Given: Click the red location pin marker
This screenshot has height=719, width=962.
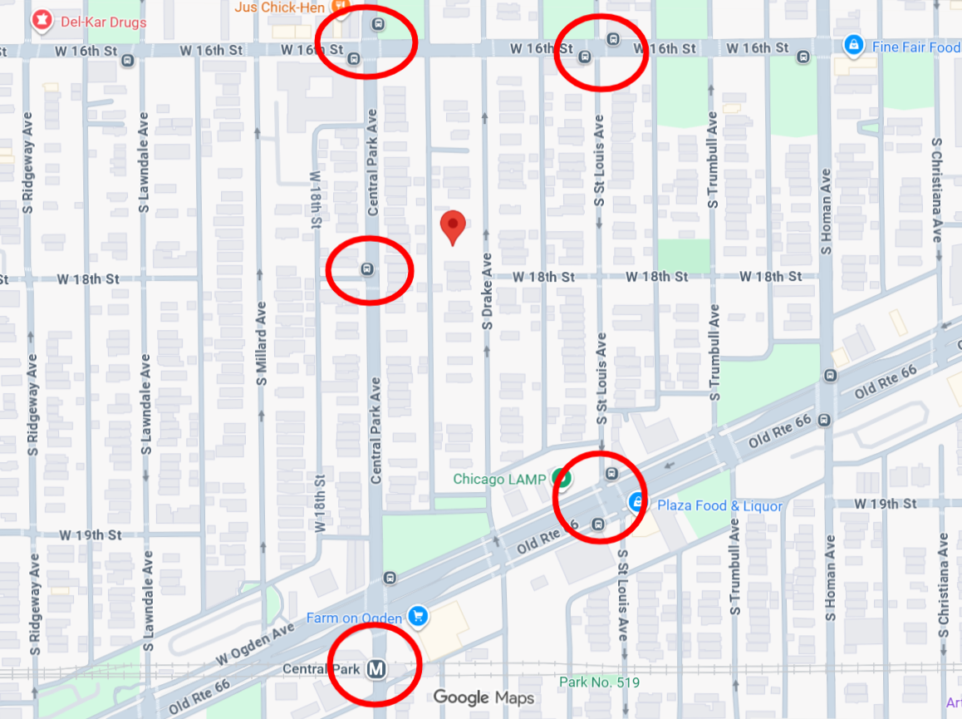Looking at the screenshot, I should click(452, 227).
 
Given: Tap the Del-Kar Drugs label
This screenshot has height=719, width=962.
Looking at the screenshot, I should click(103, 22).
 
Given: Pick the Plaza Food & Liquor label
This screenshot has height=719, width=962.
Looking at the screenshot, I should click(719, 505).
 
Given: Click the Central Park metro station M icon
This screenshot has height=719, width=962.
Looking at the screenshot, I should click(376, 667).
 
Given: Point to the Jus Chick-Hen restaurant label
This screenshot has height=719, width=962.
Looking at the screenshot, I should click(280, 7).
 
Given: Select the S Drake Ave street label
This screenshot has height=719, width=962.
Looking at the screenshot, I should click(488, 291).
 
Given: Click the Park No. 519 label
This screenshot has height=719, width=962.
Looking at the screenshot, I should click(599, 682).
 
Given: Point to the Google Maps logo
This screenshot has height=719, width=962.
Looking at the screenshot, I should click(483, 697).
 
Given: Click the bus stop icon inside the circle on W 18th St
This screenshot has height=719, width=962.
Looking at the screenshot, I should click(366, 269).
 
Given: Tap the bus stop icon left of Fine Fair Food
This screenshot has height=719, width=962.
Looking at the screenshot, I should click(803, 57).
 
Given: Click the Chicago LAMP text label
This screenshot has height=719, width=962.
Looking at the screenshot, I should click(499, 479).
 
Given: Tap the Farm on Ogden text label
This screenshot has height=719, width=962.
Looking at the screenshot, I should click(354, 618).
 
